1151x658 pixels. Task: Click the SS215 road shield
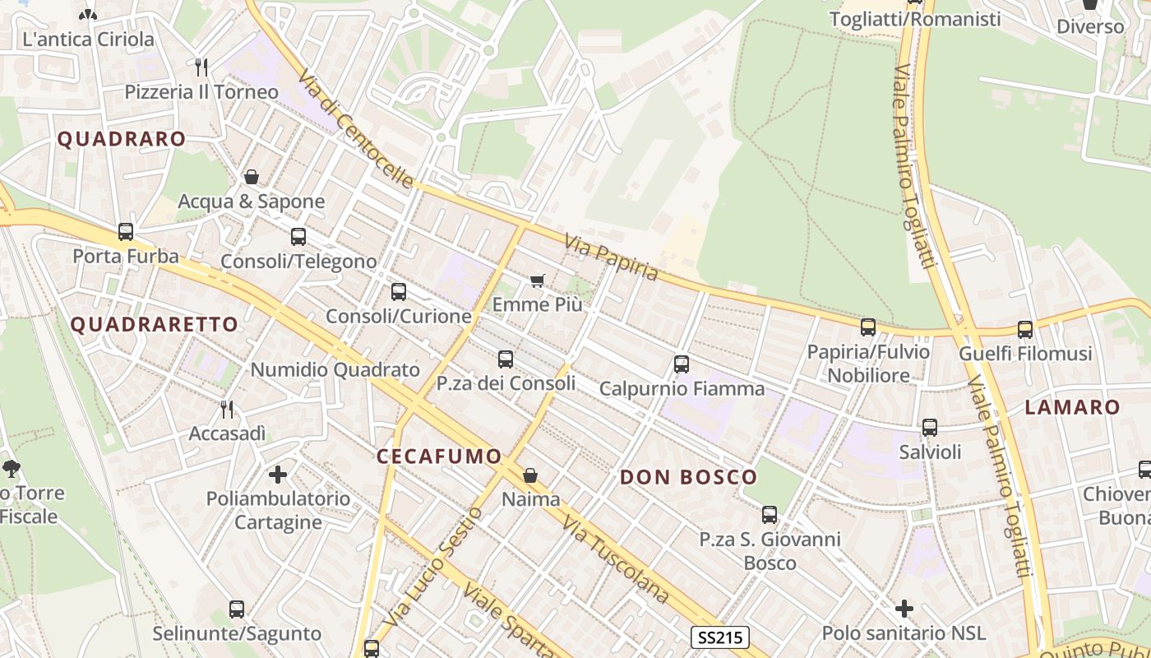[x=719, y=637]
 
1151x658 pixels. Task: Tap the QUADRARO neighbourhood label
[x=121, y=139]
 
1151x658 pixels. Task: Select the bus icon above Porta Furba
[x=126, y=232]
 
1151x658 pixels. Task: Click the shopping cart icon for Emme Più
[x=538, y=281]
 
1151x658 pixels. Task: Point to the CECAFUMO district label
[x=439, y=456]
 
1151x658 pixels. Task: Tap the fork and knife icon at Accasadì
[x=227, y=409]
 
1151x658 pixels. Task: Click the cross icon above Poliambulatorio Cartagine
[x=278, y=474]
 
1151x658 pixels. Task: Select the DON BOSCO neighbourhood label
[x=688, y=477]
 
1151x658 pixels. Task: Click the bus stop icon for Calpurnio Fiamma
[x=681, y=364]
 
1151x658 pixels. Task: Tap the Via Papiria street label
[x=612, y=257]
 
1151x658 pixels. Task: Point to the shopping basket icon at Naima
[x=530, y=475]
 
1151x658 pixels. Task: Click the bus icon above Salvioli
[x=930, y=428]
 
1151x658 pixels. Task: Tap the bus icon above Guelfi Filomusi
[x=1025, y=330]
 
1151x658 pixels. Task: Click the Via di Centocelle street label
[x=355, y=127]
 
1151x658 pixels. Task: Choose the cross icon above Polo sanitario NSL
[x=904, y=609]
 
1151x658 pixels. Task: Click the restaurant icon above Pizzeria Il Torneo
[x=201, y=67]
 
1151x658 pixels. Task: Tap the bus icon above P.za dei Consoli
[x=506, y=359]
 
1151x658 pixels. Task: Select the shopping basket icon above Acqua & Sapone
[x=252, y=177]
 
